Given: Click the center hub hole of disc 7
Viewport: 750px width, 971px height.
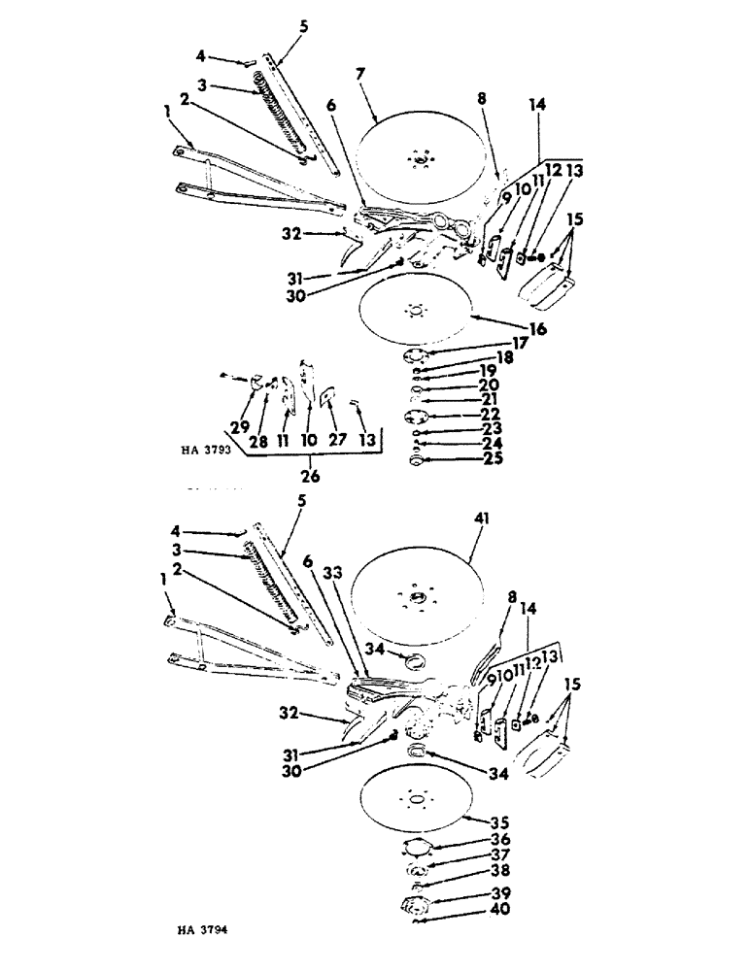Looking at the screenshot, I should pyautogui.click(x=420, y=156).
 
